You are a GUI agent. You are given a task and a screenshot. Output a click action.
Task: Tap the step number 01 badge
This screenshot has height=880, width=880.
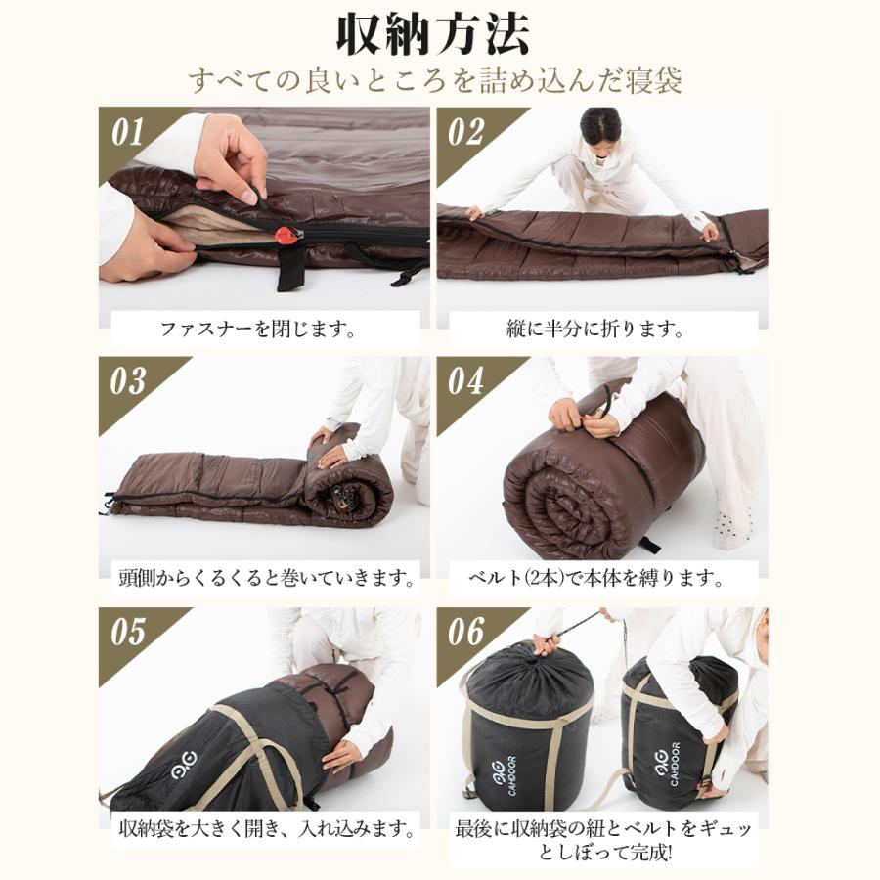point(127,132)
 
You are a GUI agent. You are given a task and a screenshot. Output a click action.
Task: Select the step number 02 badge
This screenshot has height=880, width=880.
point(465,132)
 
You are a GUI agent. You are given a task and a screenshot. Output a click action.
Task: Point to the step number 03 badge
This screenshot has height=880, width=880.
point(127,382)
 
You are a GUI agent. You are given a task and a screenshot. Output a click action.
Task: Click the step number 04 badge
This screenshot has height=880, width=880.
point(465,382)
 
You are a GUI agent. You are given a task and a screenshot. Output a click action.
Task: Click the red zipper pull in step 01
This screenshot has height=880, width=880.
point(285,235)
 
